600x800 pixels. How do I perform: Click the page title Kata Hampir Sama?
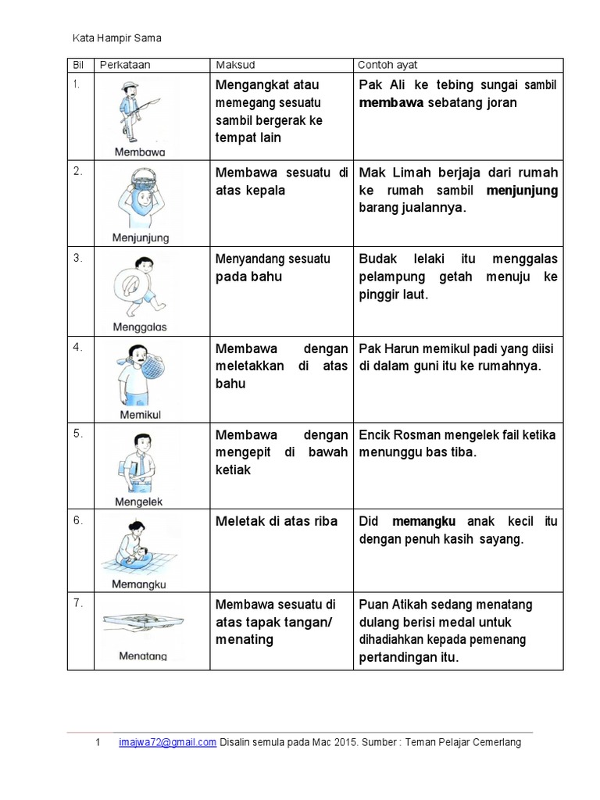click(x=116, y=37)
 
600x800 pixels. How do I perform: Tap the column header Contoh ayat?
click(x=387, y=65)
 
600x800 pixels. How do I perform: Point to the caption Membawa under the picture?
click(x=141, y=152)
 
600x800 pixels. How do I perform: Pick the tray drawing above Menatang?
click(x=142, y=622)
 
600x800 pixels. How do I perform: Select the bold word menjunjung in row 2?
click(x=522, y=190)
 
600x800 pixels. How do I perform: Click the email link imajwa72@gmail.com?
click(x=166, y=743)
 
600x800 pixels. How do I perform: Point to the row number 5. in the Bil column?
click(x=79, y=434)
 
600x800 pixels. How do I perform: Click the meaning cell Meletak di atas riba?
click(x=277, y=521)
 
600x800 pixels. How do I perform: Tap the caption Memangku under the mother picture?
click(x=140, y=584)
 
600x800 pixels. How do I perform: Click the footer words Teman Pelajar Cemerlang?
click(x=473, y=743)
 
